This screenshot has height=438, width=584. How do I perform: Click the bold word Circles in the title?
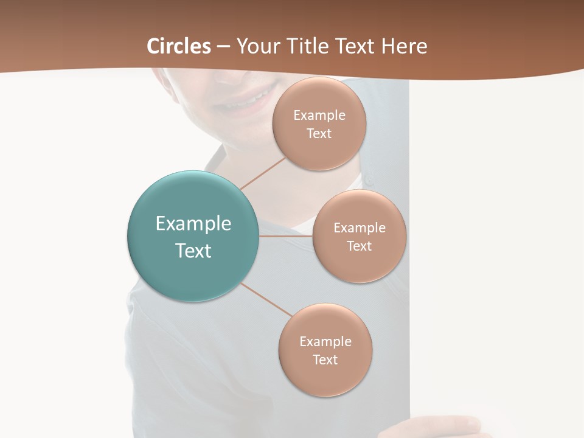[x=179, y=46]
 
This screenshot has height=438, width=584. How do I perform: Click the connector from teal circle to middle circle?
[x=286, y=236]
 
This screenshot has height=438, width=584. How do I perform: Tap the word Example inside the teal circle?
[x=193, y=224]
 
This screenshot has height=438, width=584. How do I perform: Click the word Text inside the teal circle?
[x=193, y=251]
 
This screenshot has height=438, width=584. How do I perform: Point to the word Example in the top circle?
[x=319, y=116]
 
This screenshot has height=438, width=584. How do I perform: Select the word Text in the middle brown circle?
[x=359, y=246]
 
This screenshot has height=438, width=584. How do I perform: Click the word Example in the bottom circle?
[x=325, y=342]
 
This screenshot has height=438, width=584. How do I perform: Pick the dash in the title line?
[x=223, y=46]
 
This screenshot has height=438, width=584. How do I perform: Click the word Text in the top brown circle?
[x=319, y=134]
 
